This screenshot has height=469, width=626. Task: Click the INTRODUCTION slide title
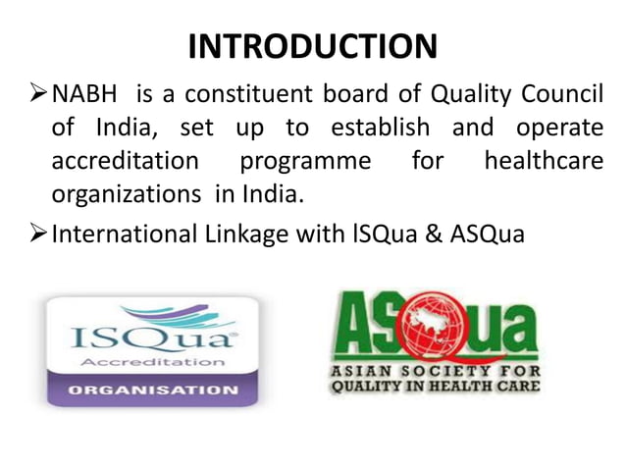(312, 46)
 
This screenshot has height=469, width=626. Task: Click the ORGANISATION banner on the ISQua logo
(151, 390)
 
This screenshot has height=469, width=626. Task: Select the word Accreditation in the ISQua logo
(151, 361)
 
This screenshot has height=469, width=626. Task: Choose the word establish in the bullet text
(382, 129)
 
